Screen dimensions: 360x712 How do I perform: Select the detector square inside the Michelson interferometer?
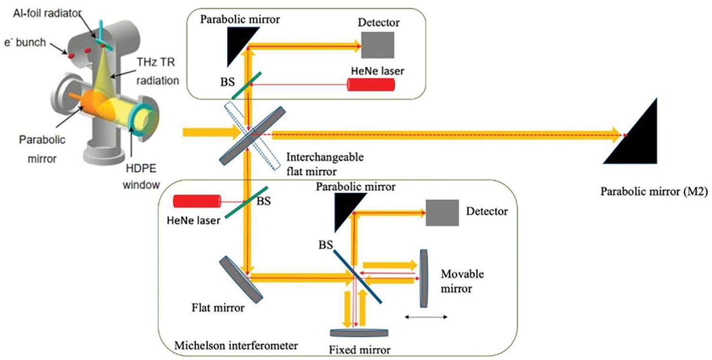[x=442, y=212]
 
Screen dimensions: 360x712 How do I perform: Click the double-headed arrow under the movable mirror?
[x=426, y=317]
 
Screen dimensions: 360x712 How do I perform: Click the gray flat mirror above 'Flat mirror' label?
[x=241, y=280]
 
